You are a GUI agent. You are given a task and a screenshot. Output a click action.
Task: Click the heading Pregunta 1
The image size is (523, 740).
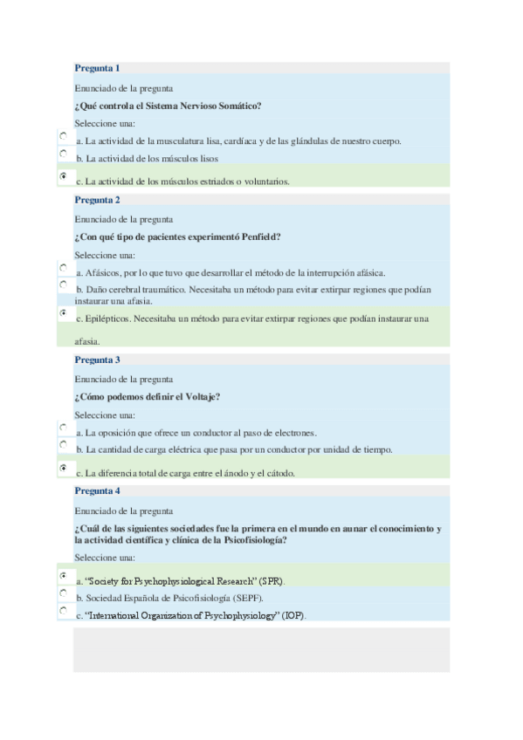point(97,68)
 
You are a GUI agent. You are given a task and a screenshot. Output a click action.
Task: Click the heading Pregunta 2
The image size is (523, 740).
point(97,200)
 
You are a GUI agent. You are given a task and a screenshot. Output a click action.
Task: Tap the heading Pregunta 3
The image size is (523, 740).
point(97,360)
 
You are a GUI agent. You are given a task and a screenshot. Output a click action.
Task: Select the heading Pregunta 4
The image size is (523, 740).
point(97,490)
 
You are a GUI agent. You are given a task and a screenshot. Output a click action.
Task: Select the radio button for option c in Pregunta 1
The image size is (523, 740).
point(64,176)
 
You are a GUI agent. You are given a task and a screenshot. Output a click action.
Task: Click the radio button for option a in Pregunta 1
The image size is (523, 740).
point(64,137)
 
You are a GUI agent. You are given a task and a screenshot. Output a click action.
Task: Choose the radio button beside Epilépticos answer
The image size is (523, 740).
point(64,312)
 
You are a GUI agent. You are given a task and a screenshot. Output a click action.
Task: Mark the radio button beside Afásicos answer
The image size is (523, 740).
point(64,268)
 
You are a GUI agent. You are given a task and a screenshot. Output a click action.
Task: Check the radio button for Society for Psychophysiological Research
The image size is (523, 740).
point(64,576)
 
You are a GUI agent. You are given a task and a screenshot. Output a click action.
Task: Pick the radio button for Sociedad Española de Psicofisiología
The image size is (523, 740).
point(64,593)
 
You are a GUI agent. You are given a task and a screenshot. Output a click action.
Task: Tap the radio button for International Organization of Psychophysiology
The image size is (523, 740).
point(64,611)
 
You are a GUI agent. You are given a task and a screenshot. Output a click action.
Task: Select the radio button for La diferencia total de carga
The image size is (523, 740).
point(64,469)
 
